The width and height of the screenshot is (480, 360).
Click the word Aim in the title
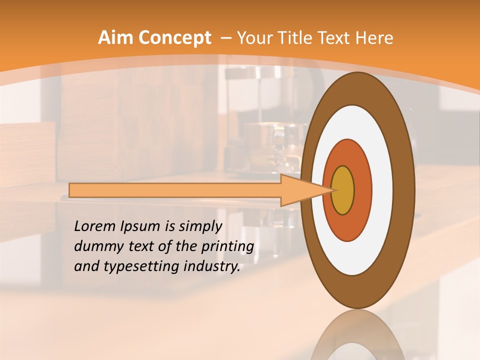[x=116, y=38]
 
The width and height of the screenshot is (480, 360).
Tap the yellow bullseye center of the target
[x=343, y=190]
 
